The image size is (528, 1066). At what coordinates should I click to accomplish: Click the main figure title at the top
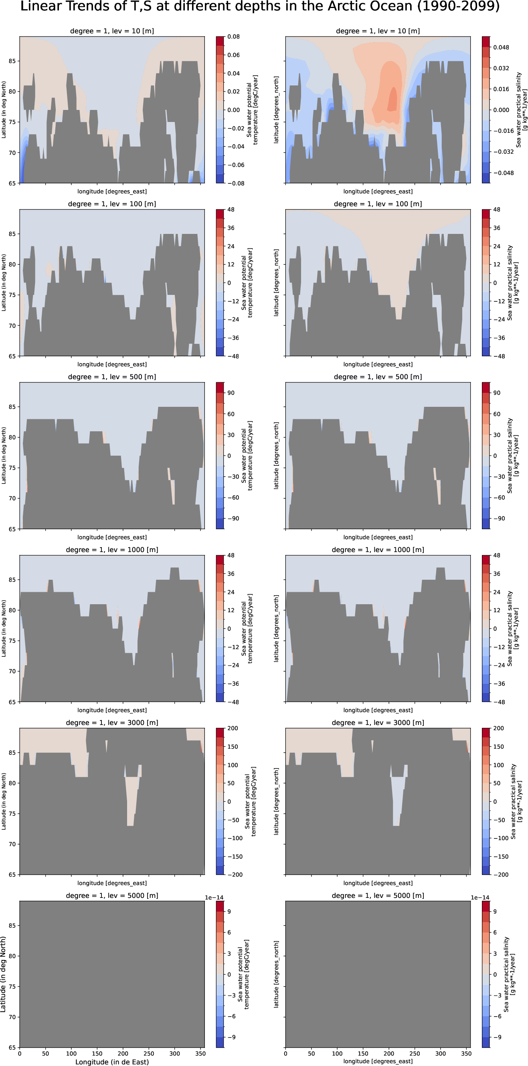(260, 7)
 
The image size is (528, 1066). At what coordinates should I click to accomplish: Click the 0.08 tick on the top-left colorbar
(233, 37)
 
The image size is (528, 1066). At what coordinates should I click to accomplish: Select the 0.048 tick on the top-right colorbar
(501, 48)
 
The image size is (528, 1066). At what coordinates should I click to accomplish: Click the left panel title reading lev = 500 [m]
(112, 377)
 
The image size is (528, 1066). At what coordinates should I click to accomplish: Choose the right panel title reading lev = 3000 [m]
(378, 723)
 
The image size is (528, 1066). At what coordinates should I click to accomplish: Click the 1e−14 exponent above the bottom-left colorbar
(214, 897)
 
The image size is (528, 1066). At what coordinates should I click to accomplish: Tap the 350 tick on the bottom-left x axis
(200, 1053)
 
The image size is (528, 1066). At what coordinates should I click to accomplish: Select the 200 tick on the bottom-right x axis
(388, 1053)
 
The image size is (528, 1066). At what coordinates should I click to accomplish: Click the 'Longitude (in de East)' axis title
(112, 1062)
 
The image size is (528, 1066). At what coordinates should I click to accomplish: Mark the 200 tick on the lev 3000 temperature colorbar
(233, 728)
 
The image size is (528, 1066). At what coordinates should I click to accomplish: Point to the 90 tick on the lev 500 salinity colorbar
(497, 393)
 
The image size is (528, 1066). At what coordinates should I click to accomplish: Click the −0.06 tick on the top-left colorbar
(235, 165)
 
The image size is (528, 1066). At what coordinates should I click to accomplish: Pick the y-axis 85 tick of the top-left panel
(12, 61)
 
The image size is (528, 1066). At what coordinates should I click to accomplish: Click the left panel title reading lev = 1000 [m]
(112, 550)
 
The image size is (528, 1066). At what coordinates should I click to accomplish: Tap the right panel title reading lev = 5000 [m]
(378, 895)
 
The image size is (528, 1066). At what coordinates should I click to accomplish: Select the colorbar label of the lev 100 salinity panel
(512, 282)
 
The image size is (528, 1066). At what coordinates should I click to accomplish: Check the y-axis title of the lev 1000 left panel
(4, 628)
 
